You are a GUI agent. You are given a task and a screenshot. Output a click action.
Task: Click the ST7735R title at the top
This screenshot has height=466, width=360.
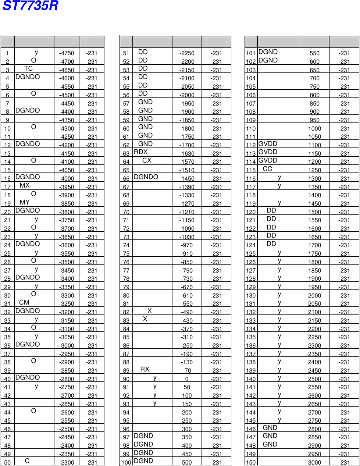(x=31, y=6)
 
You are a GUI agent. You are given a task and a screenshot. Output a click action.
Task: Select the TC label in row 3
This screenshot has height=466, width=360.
(x=28, y=68)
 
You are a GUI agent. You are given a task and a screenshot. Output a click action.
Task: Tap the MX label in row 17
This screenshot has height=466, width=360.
(x=25, y=185)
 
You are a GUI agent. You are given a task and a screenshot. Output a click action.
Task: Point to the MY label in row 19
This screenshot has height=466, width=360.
(x=25, y=202)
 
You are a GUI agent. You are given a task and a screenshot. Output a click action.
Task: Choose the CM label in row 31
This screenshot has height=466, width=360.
(x=24, y=302)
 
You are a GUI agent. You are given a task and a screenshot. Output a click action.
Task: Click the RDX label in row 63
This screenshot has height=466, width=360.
(x=141, y=152)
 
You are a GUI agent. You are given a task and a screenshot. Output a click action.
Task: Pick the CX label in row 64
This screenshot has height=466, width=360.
(x=147, y=160)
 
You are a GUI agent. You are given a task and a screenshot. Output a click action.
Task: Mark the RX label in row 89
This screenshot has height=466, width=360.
(x=145, y=369)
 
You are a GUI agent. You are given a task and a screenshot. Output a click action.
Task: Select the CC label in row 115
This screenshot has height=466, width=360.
(x=268, y=169)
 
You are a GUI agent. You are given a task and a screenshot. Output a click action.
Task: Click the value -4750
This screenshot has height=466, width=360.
(x=67, y=53)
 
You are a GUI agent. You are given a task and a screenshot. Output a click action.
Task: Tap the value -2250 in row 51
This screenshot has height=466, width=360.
(x=187, y=53)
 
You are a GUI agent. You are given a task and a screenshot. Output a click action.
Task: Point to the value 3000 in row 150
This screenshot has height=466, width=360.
(x=314, y=462)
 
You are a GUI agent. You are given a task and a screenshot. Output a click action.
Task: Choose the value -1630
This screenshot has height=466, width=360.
(x=187, y=153)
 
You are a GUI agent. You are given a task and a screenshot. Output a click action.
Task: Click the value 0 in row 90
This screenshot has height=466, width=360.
(x=187, y=379)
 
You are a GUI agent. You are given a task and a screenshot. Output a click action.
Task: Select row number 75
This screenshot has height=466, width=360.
(x=126, y=253)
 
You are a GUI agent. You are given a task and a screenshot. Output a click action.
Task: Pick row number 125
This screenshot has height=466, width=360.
(x=251, y=253)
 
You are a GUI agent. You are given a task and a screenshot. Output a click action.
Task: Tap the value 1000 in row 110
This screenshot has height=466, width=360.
(x=314, y=128)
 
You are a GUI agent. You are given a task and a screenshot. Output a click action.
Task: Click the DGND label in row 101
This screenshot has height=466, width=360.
(x=268, y=52)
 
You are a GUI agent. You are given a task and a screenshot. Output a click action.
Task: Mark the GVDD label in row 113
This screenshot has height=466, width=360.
(x=268, y=152)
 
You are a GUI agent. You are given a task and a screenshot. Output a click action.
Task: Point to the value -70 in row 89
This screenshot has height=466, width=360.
(x=187, y=370)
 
